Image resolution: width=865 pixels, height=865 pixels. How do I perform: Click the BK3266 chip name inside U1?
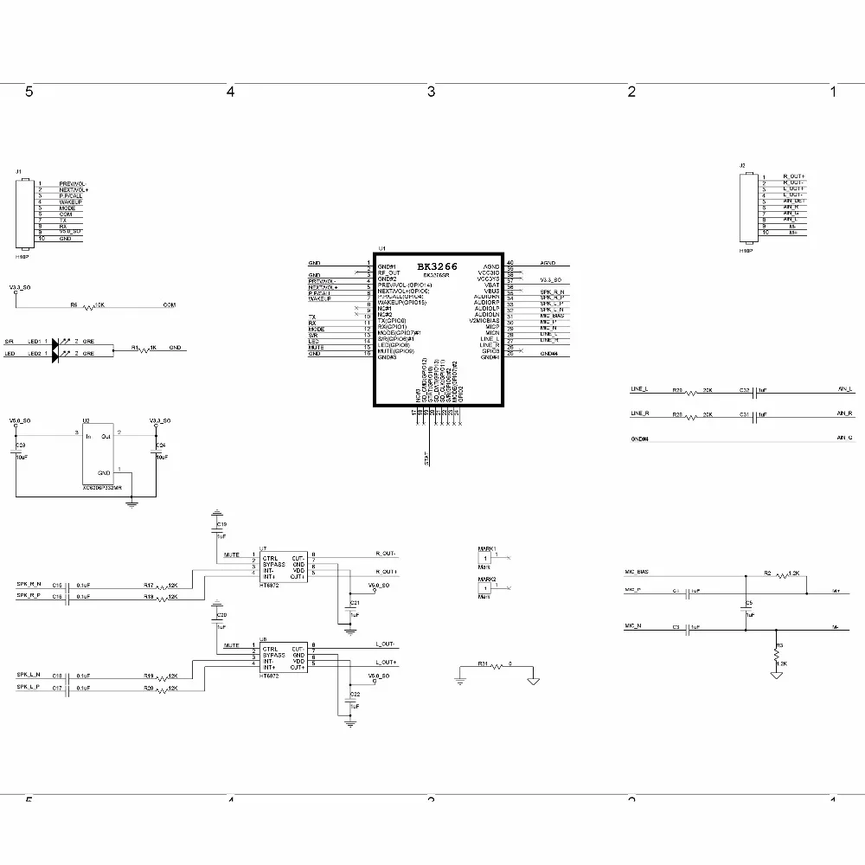point(437,266)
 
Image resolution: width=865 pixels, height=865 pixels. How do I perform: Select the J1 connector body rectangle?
point(24,213)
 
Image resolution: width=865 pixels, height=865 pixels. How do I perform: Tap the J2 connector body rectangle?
point(745,208)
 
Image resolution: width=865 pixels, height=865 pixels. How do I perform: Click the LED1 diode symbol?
point(57,342)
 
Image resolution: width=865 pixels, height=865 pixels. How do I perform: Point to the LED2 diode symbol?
point(57,353)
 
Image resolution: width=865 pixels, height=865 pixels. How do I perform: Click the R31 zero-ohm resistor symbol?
point(497,667)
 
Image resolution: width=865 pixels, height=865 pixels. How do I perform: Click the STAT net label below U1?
point(427,458)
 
